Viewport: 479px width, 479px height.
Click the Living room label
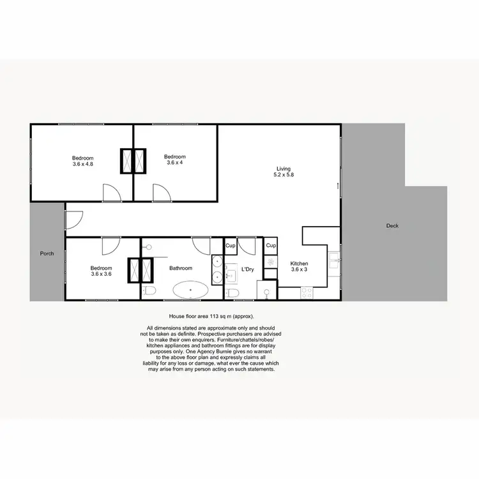tap(284, 167)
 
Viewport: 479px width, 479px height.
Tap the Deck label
tap(393, 226)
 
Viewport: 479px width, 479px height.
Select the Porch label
tap(47, 254)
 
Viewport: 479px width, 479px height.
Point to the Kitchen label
tap(300, 263)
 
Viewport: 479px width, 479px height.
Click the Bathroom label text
tap(181, 268)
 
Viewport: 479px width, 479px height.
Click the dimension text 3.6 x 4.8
tap(83, 164)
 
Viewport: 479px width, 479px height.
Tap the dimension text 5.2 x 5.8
tap(284, 174)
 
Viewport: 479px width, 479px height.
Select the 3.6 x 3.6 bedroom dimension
tap(101, 275)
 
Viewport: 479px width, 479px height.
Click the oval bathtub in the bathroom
tap(190, 291)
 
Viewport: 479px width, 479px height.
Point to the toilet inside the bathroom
tap(149, 291)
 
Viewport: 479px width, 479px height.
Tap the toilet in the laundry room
tap(233, 293)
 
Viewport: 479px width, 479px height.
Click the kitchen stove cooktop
tap(307, 293)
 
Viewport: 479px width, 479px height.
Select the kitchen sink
tap(333, 259)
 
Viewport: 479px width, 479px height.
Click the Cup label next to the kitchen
tap(271, 245)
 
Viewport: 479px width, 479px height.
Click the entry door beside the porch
tap(72, 218)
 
